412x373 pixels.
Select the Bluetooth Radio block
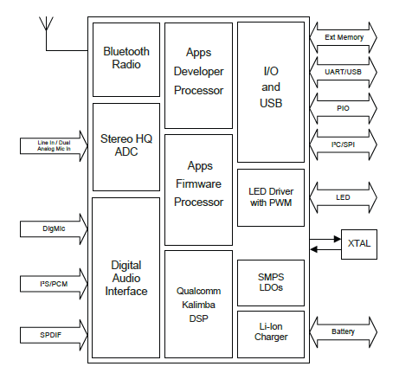(126, 60)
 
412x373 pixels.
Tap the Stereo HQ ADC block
(126, 147)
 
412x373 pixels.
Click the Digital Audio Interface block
(126, 278)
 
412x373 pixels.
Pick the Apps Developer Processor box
(198, 75)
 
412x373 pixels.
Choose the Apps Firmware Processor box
(198, 190)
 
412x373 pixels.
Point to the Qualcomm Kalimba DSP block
(198, 304)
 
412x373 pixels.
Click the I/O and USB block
(271, 92)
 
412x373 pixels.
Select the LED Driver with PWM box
(271, 197)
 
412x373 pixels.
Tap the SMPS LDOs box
(271, 283)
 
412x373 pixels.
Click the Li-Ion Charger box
(271, 334)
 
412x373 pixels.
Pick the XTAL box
(359, 244)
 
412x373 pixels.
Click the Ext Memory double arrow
(344, 37)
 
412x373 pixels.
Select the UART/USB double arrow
(344, 72)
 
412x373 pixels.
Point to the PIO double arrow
(344, 108)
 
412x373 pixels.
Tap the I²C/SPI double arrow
(344, 145)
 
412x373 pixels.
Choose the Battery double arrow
(344, 332)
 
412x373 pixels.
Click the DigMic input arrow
(54, 229)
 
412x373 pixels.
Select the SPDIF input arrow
(54, 335)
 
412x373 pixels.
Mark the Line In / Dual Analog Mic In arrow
(54, 146)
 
